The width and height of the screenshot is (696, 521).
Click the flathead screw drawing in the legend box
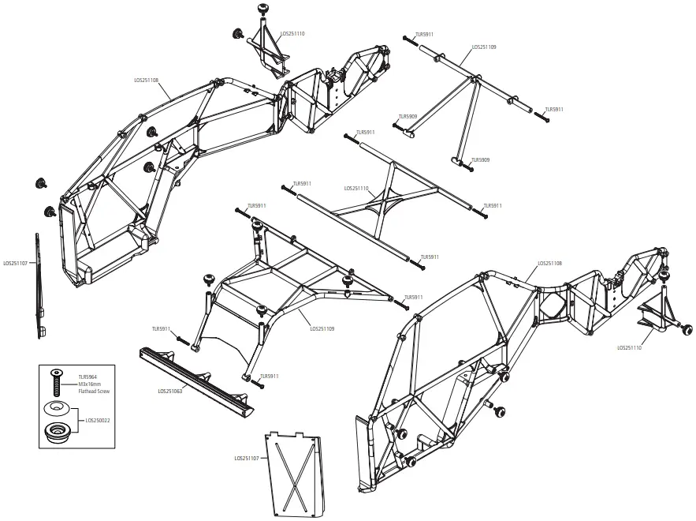coord(55,382)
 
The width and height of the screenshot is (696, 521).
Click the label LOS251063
coord(170,391)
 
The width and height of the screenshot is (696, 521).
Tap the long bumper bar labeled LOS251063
coord(197,380)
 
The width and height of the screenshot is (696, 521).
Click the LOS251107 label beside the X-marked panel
coord(247,458)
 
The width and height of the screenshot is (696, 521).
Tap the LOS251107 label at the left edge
coord(16,263)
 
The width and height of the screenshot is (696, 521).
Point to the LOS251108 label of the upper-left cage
coord(147,80)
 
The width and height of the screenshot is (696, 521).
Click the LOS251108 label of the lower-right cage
coord(549,263)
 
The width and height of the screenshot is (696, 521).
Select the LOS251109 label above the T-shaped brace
coord(484,47)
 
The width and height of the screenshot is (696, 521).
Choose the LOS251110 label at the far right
coord(630,347)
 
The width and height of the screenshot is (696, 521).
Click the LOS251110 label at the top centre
coord(292,34)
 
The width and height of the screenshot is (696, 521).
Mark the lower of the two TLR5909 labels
coord(480,160)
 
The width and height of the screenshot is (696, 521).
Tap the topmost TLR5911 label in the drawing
coord(423,35)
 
